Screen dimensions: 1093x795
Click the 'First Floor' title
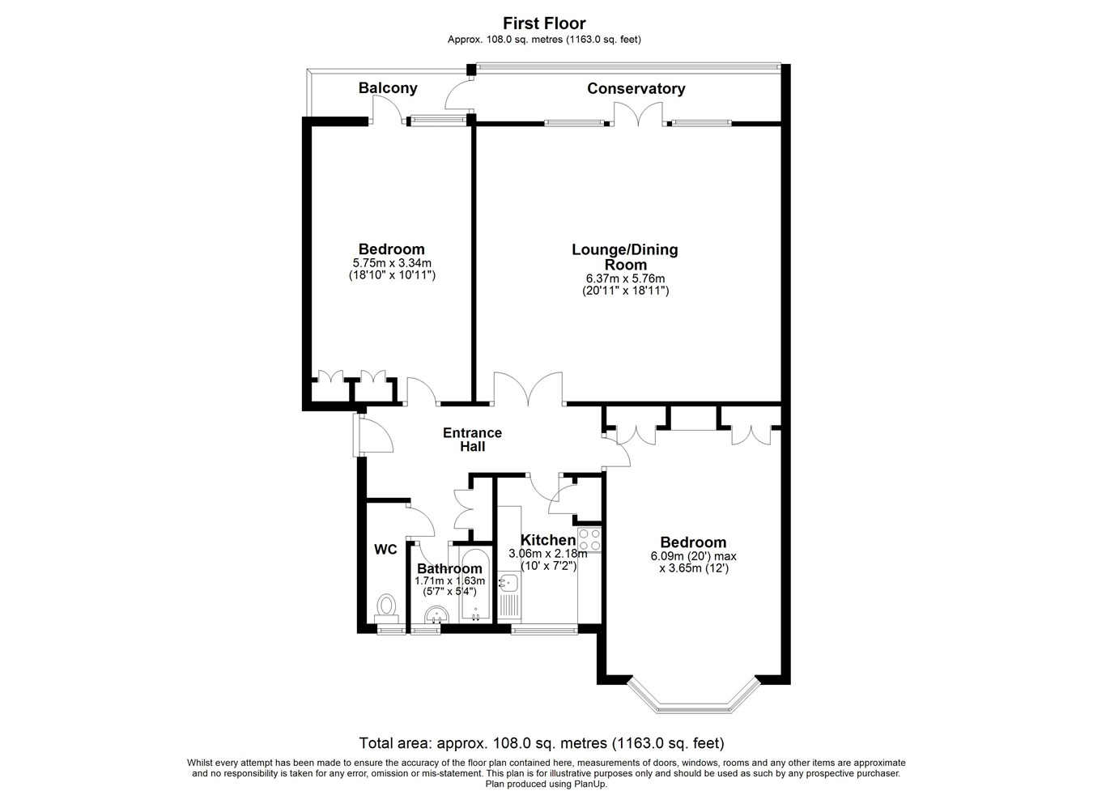[544, 23]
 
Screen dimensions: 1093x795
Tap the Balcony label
[388, 88]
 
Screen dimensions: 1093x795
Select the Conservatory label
[636, 88]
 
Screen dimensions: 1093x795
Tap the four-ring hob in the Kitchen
[589, 540]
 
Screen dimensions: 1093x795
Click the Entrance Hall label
[472, 440]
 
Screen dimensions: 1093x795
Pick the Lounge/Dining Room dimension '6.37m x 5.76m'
[625, 278]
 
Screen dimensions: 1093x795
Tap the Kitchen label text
[548, 540]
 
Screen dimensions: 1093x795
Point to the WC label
[385, 550]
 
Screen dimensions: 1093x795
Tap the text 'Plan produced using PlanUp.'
[546, 784]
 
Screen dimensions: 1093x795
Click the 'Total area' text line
[542, 743]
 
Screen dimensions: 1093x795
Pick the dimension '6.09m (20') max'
[693, 556]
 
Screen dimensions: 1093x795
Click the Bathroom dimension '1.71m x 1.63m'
[449, 580]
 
